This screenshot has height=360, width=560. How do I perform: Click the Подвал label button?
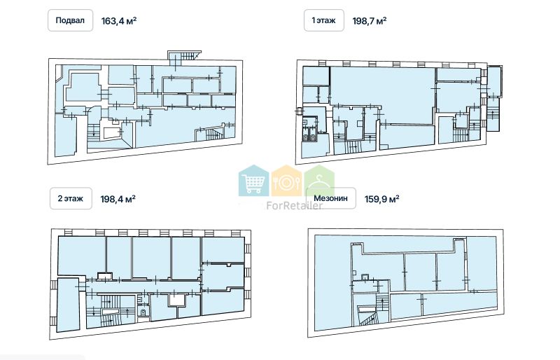(x=71, y=20)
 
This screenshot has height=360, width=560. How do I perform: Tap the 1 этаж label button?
(x=324, y=20)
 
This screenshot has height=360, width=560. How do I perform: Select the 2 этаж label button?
(x=71, y=198)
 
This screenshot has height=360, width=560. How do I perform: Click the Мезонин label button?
(x=330, y=198)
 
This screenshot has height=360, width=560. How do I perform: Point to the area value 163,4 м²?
(x=119, y=20)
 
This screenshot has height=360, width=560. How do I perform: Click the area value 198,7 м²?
(x=370, y=20)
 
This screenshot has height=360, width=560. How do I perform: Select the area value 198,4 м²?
(x=118, y=198)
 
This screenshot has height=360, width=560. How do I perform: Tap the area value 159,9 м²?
(x=381, y=198)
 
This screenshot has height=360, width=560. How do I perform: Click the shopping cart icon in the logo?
(x=254, y=181)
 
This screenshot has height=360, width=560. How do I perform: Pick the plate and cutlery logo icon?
(x=286, y=182)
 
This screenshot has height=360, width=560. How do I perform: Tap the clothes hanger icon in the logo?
(x=320, y=181)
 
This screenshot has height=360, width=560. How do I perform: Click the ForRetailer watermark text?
(x=295, y=205)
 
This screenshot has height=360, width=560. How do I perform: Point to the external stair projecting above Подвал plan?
(x=183, y=57)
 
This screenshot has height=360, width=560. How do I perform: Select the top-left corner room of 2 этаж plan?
(x=82, y=256)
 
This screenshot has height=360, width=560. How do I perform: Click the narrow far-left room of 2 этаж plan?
(x=68, y=305)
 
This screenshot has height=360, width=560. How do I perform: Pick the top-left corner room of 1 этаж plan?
(x=316, y=76)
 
